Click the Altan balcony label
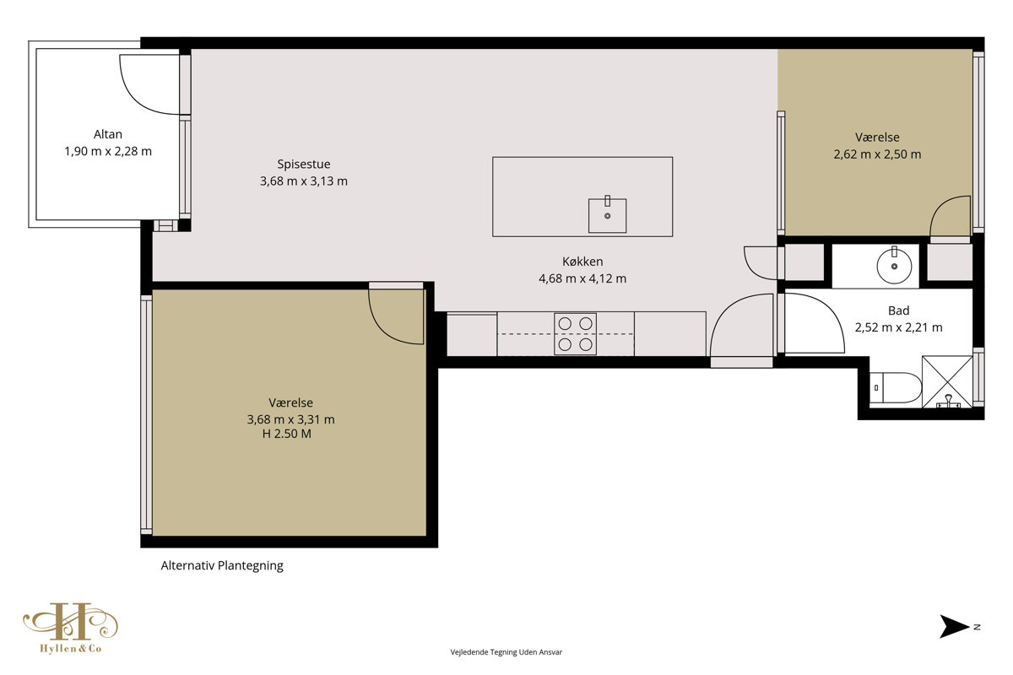click(108, 134)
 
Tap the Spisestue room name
click(303, 165)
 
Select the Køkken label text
click(582, 262)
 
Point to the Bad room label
click(898, 310)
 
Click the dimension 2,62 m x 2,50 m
click(877, 154)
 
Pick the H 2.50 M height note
click(287, 434)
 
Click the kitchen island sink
click(607, 215)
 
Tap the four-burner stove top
click(575, 334)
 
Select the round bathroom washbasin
click(894, 266)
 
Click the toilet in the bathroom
click(896, 387)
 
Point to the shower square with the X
click(947, 381)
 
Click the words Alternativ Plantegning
click(222, 565)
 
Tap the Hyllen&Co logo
click(71, 628)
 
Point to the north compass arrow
click(954, 627)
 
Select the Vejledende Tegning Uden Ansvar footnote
click(506, 652)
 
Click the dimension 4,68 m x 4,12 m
click(582, 278)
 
